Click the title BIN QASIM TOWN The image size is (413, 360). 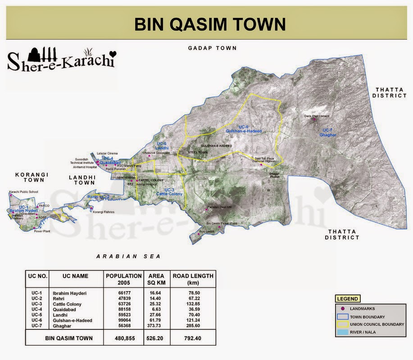[x=210, y=24]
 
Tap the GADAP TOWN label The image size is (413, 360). [x=212, y=48]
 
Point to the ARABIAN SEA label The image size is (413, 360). [x=128, y=256]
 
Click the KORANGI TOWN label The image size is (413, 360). [x=32, y=177]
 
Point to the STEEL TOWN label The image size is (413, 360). [x=197, y=152]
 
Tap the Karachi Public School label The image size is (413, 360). [x=24, y=192]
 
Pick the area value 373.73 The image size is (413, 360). [x=156, y=325]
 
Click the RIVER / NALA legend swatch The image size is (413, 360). [x=344, y=332]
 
